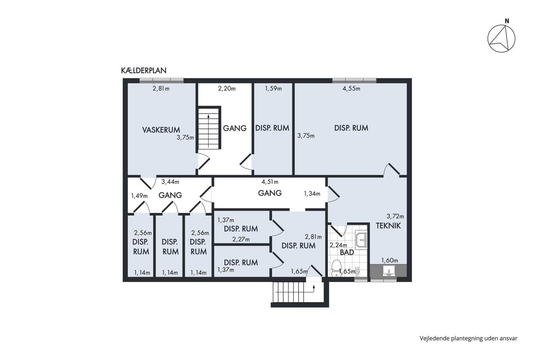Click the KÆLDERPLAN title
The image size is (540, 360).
click(x=143, y=70)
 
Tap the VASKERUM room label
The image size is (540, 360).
click(x=161, y=130)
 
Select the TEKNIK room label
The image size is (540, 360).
click(x=388, y=226)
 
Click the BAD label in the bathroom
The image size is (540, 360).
click(x=347, y=252)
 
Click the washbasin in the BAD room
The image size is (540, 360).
click(x=361, y=240)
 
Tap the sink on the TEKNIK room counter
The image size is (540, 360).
click(x=389, y=270)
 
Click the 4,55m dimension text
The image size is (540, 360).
click(x=351, y=88)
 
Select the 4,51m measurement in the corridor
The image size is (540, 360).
click(x=270, y=182)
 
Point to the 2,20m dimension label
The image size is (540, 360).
click(x=227, y=88)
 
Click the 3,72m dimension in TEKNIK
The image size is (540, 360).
click(x=395, y=216)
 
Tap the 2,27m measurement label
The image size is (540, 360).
click(x=241, y=240)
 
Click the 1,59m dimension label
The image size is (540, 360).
click(x=273, y=88)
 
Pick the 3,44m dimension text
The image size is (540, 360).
click(x=170, y=182)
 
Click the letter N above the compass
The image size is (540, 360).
click(x=507, y=21)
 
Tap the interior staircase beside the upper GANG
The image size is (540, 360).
click(x=209, y=128)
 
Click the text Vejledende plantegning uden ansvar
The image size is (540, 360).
click(x=468, y=338)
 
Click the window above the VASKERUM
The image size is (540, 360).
click(x=162, y=81)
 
